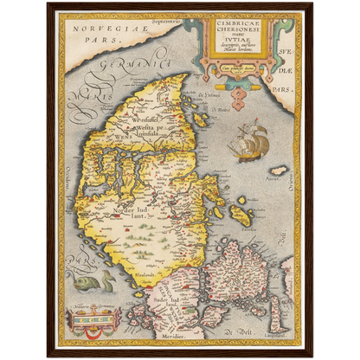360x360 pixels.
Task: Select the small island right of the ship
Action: pos(278,170)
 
